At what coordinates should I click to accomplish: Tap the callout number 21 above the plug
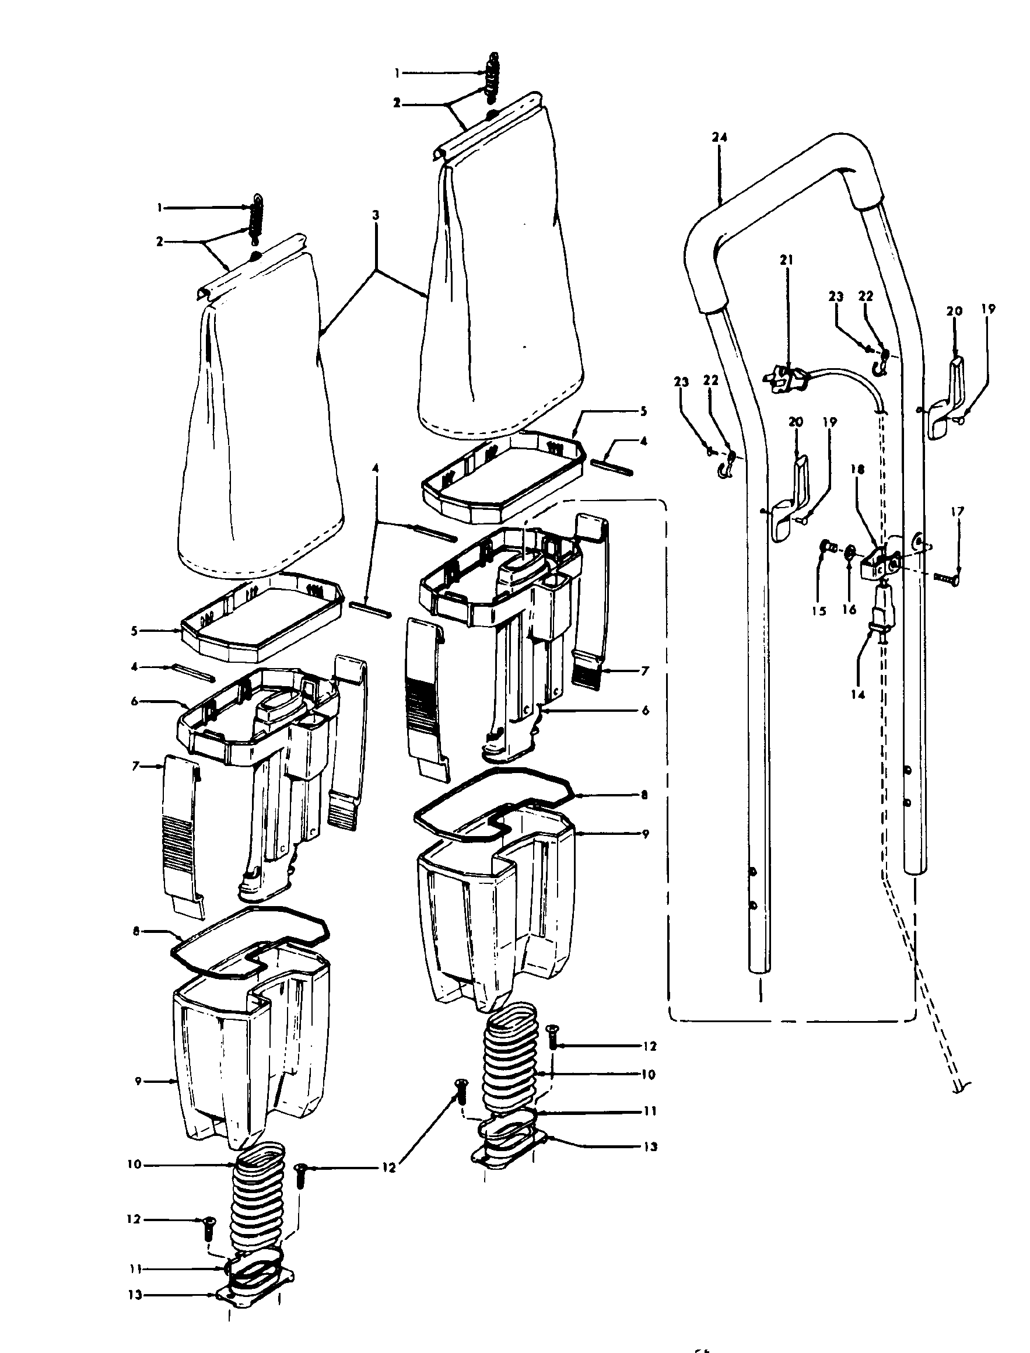[x=787, y=260]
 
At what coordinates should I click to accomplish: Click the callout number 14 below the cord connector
[x=858, y=694]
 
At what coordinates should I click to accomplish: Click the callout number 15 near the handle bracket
[x=819, y=611]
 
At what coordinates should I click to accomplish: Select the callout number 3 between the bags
[x=375, y=215]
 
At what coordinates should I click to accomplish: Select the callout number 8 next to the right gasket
[x=643, y=795]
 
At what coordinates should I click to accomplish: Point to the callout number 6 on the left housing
[x=135, y=701]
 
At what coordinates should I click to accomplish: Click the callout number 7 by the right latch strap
[x=644, y=672]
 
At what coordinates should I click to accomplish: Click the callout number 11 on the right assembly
[x=650, y=1111]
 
